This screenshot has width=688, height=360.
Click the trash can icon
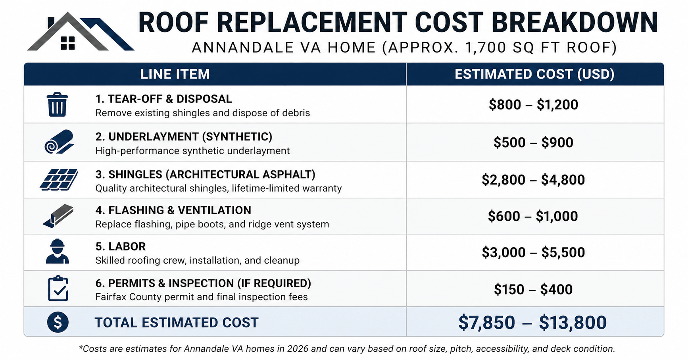[x=57, y=104]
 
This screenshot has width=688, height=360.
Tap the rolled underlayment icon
[x=59, y=142]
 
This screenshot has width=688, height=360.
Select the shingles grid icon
[x=59, y=179]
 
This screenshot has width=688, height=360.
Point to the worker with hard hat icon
[x=58, y=252]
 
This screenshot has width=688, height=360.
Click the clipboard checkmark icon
[x=58, y=288]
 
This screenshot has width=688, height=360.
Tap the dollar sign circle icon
[x=58, y=322]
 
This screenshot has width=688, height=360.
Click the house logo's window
[x=68, y=43]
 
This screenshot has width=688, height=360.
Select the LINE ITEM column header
[x=175, y=74]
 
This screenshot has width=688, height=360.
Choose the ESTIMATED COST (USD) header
[x=534, y=74]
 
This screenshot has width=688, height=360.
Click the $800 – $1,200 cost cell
[x=533, y=105]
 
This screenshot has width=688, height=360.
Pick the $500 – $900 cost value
[x=533, y=142]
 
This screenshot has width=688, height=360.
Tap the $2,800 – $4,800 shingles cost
[x=533, y=180]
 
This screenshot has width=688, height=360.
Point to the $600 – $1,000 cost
[x=533, y=216]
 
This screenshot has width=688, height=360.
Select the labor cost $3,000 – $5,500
[x=533, y=252]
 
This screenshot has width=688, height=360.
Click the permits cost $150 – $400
[x=533, y=290]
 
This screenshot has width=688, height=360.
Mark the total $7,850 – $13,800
[x=532, y=323]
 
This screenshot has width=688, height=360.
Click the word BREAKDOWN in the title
[x=575, y=23]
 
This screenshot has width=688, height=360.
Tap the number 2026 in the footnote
[x=298, y=349]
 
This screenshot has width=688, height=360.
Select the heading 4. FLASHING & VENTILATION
[x=173, y=210]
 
